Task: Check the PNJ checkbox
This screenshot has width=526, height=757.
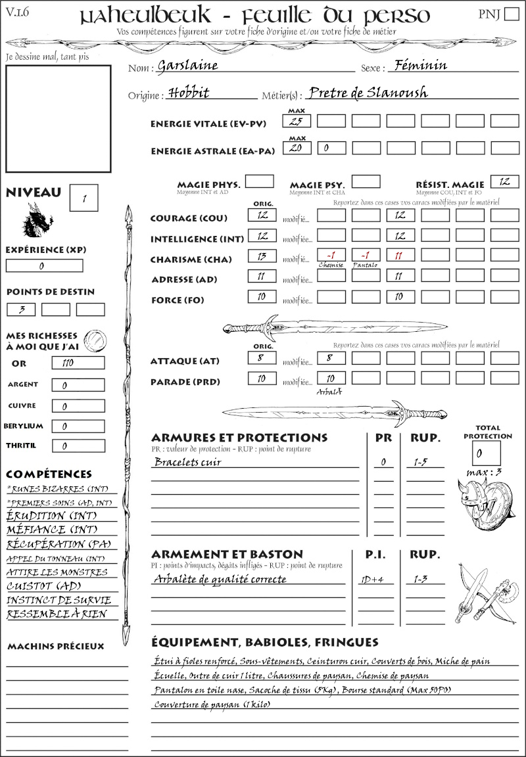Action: tap(510, 15)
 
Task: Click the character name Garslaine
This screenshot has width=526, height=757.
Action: tap(187, 66)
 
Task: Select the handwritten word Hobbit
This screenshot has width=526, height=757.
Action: tap(188, 93)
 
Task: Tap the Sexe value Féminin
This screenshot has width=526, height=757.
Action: tap(418, 65)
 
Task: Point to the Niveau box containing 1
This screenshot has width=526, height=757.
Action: tap(84, 197)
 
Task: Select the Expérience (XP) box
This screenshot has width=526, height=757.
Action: tap(44, 265)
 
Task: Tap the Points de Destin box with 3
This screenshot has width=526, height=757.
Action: tap(21, 310)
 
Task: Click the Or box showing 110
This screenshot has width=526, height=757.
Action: tap(78, 363)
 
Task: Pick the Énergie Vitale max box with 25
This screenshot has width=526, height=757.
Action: tap(297, 121)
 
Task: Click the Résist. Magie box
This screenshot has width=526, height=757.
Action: tap(504, 181)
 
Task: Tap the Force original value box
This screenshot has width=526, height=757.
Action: tap(262, 297)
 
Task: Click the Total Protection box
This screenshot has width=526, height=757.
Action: tap(486, 453)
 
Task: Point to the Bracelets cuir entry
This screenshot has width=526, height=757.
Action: tap(187, 462)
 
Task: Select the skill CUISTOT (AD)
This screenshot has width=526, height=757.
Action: tap(43, 586)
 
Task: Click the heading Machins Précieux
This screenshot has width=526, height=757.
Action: tap(56, 647)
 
